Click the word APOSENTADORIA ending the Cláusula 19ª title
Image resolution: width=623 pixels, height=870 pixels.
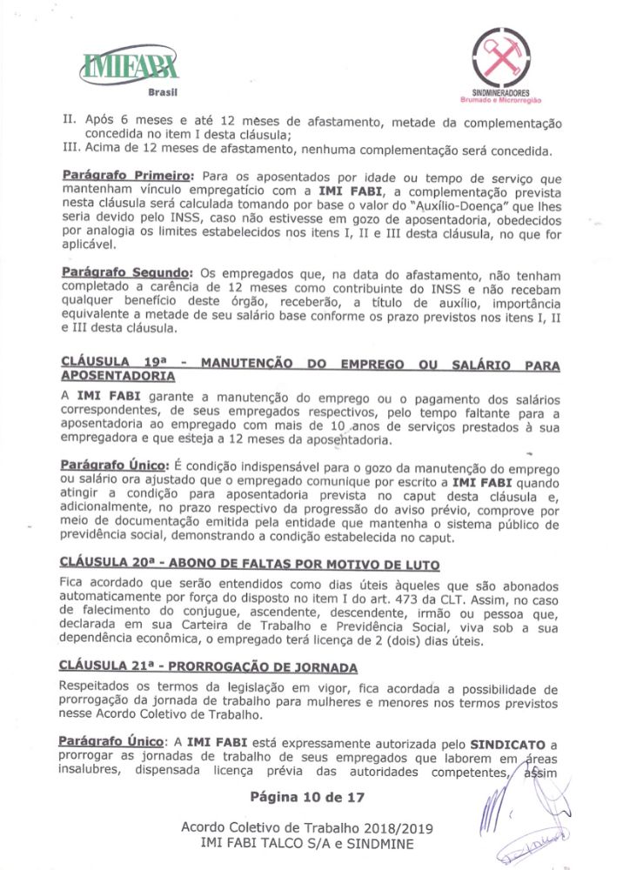[x=117, y=376]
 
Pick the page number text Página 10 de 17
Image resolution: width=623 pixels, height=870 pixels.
[x=306, y=796]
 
